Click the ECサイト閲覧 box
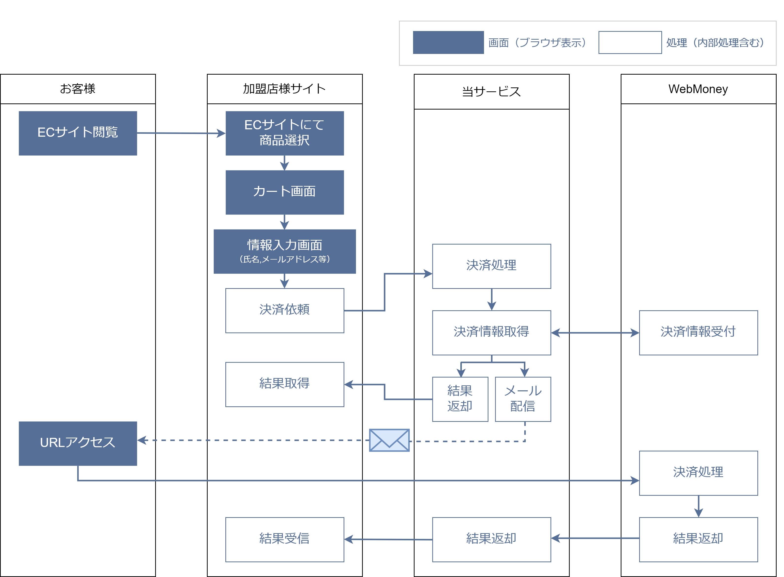pyautogui.click(x=78, y=133)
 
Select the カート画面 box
pyautogui.click(x=284, y=192)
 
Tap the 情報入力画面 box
pyautogui.click(x=284, y=251)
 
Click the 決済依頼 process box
pyautogui.click(x=284, y=310)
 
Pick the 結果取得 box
pyautogui.click(x=284, y=384)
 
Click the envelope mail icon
pyautogui.click(x=389, y=440)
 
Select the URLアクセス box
pyautogui.click(x=78, y=443)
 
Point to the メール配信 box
pyautogui.click(x=523, y=399)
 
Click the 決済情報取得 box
pyautogui.click(x=491, y=332)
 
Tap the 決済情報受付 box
pyautogui.click(x=698, y=332)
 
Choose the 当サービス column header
pyautogui.click(x=491, y=92)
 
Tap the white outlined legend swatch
pyautogui.click(x=630, y=42)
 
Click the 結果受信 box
pyautogui.click(x=284, y=539)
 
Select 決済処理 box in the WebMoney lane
pyautogui.click(x=698, y=473)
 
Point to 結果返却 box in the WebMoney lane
pyautogui.click(x=698, y=539)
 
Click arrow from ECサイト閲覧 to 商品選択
pyautogui.click(x=181, y=133)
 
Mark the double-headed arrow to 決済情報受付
pyautogui.click(x=595, y=332)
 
